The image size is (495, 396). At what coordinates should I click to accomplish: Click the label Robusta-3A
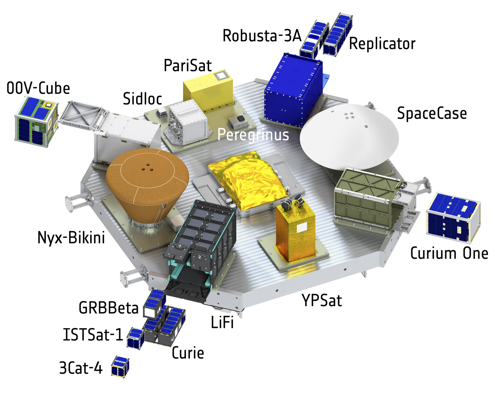pos(262,36)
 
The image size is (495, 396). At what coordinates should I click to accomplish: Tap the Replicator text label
pos(382,43)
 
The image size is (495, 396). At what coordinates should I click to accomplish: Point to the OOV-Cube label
pos(38,88)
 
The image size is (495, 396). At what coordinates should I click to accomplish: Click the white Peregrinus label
pos(253,135)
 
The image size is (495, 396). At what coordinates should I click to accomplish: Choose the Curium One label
pos(449,253)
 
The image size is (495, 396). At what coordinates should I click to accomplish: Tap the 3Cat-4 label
pos(81,368)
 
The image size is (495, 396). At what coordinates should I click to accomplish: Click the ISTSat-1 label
pos(93,335)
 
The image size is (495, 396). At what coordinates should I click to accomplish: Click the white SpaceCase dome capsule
pos(349,137)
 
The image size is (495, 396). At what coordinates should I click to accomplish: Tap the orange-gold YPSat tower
pos(296,231)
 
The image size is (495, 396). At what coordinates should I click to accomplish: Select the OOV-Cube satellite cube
pos(36,121)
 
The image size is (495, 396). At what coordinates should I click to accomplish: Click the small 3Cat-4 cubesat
pos(120,367)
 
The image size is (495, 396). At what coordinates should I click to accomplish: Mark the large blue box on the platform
pos(293,90)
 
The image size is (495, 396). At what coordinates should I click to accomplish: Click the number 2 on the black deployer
pos(199,257)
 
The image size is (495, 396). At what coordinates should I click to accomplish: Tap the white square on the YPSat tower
pos(302,228)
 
